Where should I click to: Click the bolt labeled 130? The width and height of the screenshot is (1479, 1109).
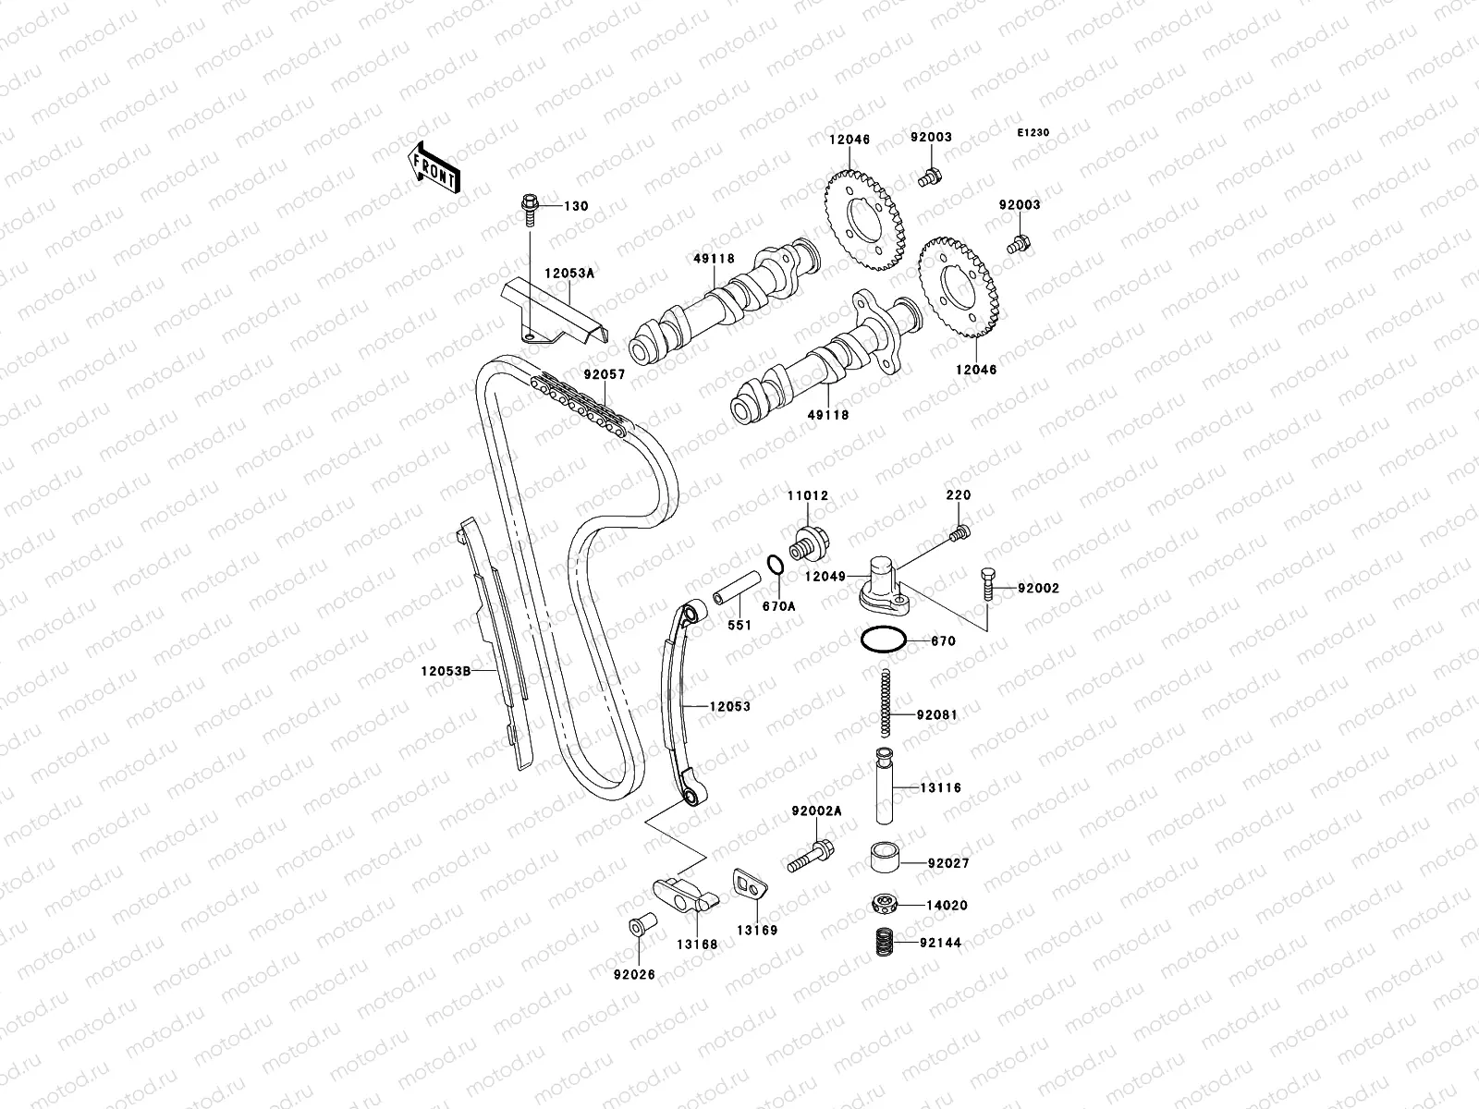531,207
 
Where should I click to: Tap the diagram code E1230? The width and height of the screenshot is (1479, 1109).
1033,133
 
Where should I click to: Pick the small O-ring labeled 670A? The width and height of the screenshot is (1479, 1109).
776,565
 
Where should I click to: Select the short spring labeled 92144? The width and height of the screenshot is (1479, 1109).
886,943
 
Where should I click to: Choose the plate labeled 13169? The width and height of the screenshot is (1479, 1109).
750,885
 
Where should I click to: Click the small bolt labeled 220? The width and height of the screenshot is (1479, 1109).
959,532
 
